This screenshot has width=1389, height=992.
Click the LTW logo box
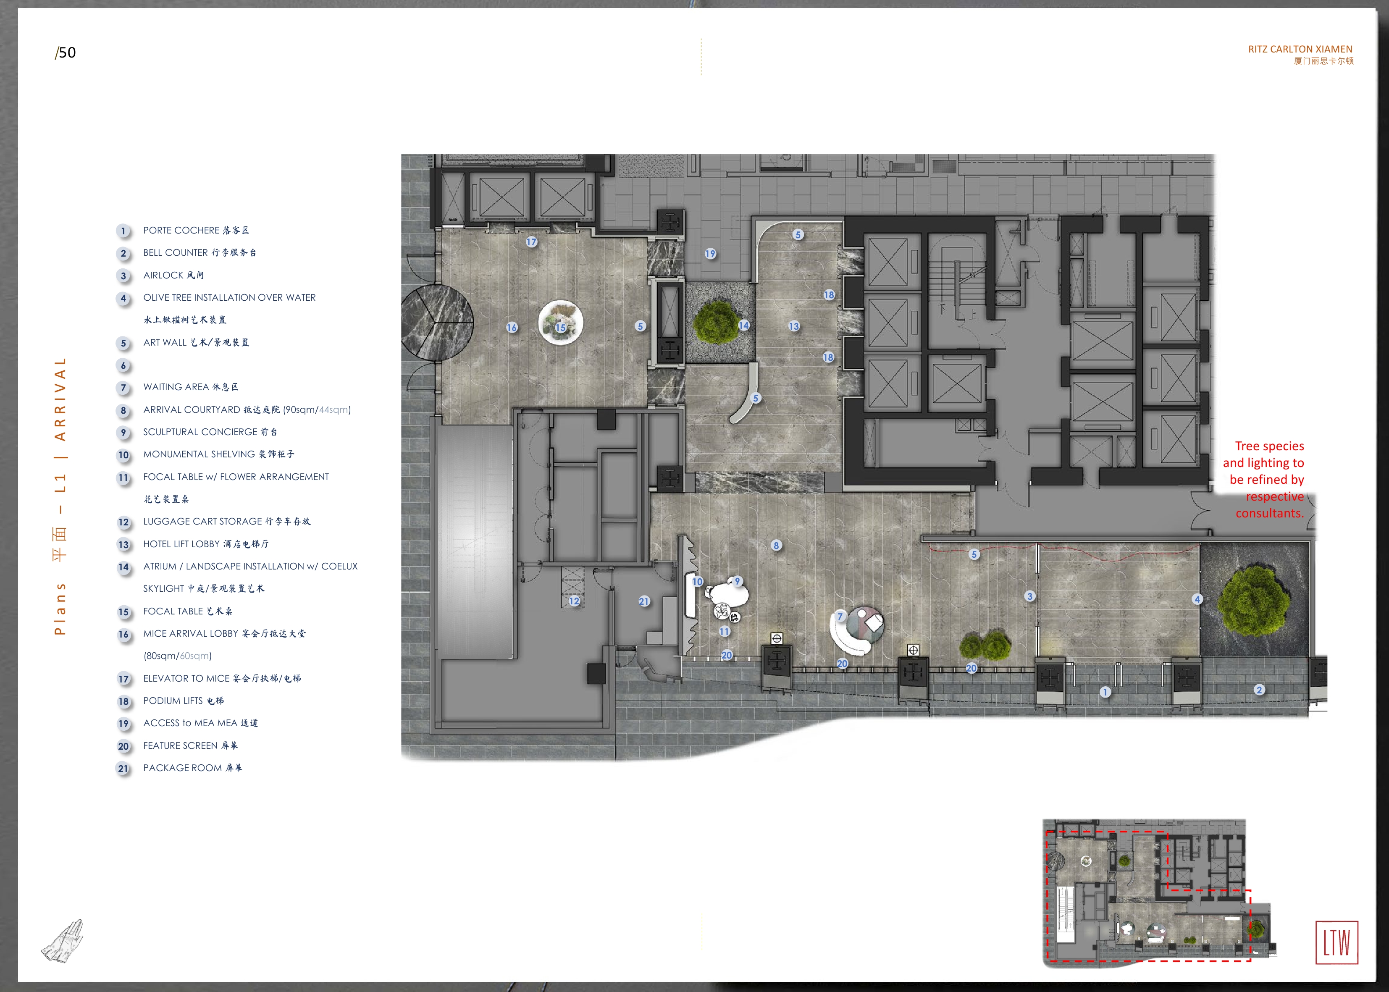[x=1336, y=942]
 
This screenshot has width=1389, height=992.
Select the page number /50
[x=66, y=52]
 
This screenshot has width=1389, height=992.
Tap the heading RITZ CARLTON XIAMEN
[x=1300, y=49]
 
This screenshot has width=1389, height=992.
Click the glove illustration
[x=62, y=941]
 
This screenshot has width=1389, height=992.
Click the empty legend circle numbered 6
[x=123, y=365]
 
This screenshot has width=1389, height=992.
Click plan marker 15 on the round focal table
[x=560, y=328]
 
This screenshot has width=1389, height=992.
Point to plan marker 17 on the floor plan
[x=531, y=242]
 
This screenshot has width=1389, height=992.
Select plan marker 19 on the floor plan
[x=710, y=254]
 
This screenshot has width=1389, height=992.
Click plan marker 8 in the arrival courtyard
[x=776, y=546]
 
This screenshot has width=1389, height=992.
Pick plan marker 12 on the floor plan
[x=574, y=601]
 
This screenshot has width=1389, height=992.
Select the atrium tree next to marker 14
[x=716, y=321]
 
